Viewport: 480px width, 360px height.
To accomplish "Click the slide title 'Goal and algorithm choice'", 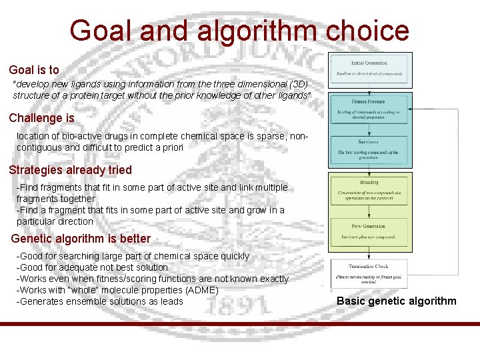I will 239,31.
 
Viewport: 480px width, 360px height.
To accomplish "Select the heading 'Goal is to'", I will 34,69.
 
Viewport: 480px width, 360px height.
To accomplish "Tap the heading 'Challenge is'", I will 41,118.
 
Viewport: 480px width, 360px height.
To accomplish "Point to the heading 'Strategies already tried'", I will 71,170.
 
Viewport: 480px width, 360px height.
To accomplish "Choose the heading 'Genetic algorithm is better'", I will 81,238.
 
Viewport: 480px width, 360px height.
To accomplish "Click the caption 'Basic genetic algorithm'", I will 397,301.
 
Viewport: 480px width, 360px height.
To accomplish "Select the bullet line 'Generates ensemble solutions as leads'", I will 99,301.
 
